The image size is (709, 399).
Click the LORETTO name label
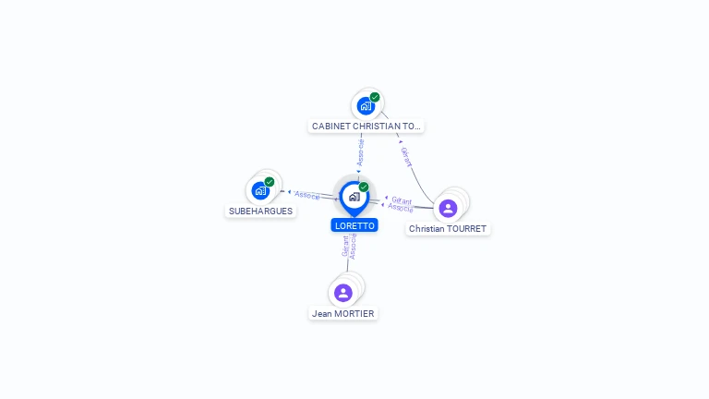354,225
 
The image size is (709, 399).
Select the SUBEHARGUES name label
260,211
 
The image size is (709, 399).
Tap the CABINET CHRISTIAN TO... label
366,126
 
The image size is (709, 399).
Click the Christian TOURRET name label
448,228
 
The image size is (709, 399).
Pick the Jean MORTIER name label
343,313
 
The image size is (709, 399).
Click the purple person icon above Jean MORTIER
343,293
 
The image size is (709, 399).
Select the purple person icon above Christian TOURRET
448,208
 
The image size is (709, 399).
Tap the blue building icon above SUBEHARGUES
260,190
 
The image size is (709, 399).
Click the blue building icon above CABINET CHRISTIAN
366,105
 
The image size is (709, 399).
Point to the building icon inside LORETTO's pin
354,196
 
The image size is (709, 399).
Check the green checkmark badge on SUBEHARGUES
270,182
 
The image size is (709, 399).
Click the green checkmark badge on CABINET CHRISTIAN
375,97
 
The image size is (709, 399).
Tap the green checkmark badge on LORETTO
364,187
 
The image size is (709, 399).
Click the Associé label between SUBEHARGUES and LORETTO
307,196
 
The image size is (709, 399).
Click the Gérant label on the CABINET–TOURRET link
406,157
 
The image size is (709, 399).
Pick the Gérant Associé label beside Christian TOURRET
401,204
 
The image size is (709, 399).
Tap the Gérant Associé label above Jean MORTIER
349,246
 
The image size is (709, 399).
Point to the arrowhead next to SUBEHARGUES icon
289,192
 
